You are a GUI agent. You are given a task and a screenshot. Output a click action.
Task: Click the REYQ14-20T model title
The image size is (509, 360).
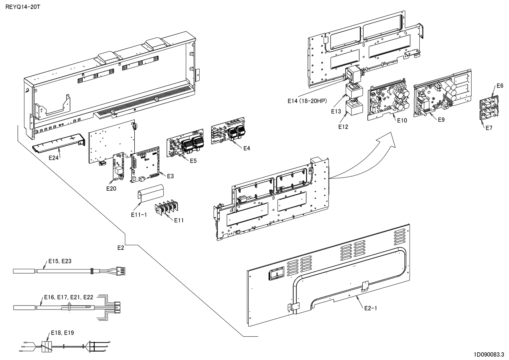coord(21,7)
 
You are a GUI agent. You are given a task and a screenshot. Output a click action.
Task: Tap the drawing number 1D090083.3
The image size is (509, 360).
coord(489,354)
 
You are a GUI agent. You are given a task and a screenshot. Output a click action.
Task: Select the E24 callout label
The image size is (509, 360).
coord(54,158)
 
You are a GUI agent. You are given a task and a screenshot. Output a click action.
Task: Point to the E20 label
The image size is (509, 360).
coord(111,189)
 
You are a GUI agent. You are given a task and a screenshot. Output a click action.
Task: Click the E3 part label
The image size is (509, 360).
coord(170,176)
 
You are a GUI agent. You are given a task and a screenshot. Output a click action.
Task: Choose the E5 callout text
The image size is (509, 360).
coord(193,161)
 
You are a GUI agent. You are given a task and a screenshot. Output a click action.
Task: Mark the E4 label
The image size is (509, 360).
coord(247,148)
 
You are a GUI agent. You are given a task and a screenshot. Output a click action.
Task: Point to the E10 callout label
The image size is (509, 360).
coord(402,121)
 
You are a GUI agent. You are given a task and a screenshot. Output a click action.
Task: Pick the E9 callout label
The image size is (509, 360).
coord(441,120)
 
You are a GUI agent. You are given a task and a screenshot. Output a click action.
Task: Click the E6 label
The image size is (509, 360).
coord(500,86)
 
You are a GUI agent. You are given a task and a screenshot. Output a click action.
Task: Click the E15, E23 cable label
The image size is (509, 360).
coord(60,261)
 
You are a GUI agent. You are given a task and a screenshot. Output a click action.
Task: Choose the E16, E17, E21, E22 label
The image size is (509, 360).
coord(68,297)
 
